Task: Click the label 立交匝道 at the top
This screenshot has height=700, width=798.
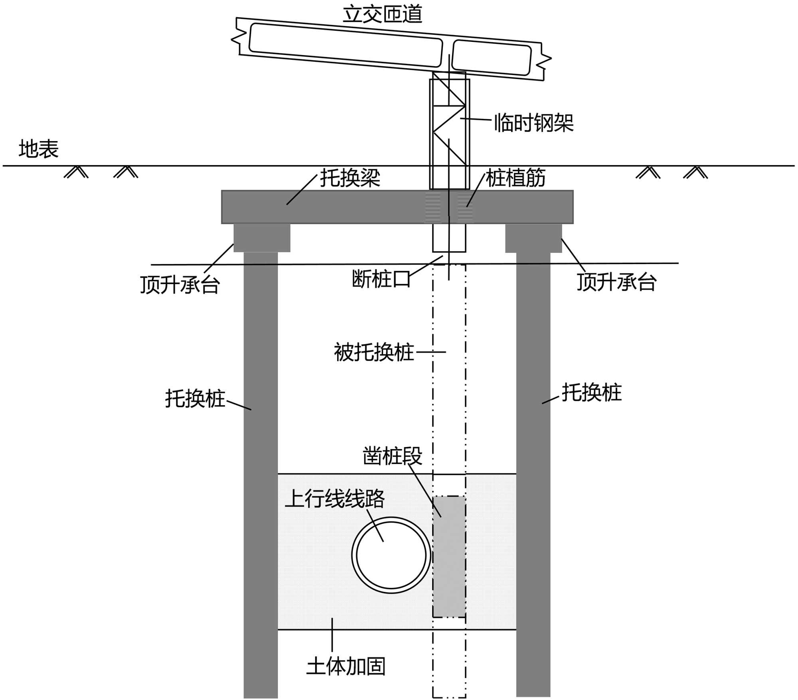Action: [x=382, y=14]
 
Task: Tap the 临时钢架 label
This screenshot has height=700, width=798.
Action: [x=533, y=123]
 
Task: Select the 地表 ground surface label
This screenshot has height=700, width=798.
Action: [x=39, y=149]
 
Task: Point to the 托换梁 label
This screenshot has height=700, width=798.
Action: [x=350, y=178]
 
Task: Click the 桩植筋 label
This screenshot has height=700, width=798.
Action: [x=515, y=178]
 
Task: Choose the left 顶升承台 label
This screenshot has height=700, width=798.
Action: [x=180, y=285]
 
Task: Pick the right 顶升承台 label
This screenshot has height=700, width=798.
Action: [x=616, y=282]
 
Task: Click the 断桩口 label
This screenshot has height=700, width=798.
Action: [x=381, y=279]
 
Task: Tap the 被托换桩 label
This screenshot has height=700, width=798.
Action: [x=374, y=353]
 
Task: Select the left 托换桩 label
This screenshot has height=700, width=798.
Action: [x=195, y=398]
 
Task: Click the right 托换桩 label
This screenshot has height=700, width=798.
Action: [x=591, y=392]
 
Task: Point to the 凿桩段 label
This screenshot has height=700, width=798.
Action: [x=392, y=456]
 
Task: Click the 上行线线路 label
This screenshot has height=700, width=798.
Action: [x=335, y=499]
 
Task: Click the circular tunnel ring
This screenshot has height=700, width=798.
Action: [x=391, y=555]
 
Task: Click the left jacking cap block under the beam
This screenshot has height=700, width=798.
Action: [x=262, y=238]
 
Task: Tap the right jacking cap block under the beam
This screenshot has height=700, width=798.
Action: [x=533, y=238]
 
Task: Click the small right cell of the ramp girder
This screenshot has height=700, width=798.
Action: [x=492, y=58]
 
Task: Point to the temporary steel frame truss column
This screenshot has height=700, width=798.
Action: [x=449, y=132]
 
